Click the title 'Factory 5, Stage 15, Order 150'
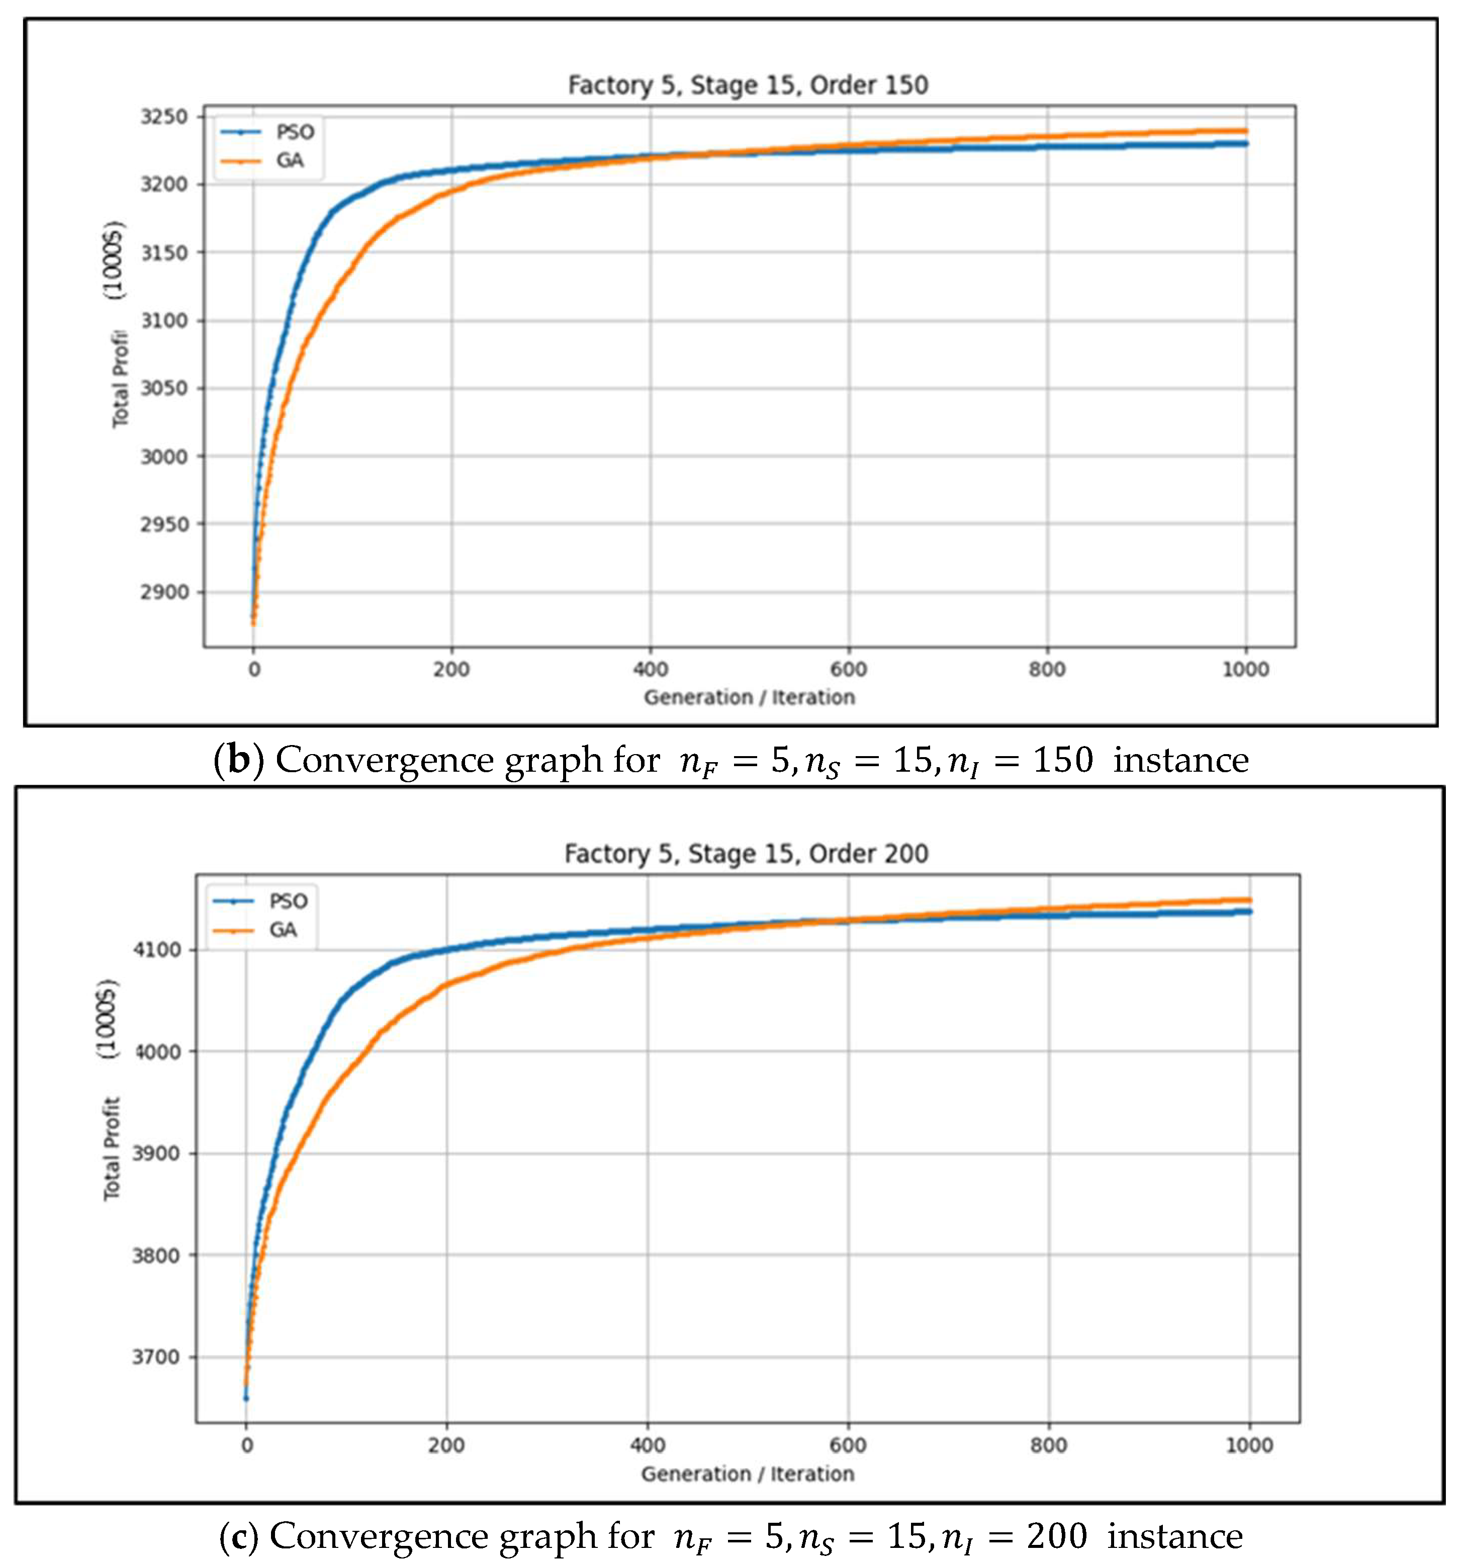[748, 85]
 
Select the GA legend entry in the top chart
[289, 161]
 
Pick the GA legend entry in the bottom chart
[283, 931]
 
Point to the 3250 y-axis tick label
[164, 117]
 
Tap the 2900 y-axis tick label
[164, 592]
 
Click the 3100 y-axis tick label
[164, 321]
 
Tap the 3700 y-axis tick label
[155, 1356]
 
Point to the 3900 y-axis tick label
[155, 1153]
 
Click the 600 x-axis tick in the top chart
[849, 670]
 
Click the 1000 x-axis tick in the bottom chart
[1249, 1445]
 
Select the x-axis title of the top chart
[749, 697]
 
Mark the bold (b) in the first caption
[239, 760]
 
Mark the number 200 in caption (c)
[1056, 1535]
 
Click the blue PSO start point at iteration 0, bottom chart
[246, 1398]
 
